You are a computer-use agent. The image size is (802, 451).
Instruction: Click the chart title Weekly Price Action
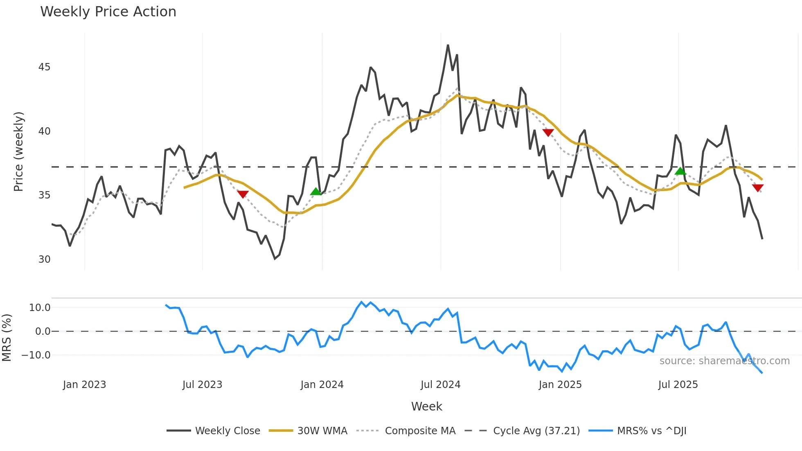pyautogui.click(x=108, y=12)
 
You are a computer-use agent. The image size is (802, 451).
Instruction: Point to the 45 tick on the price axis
pyautogui.click(x=44, y=67)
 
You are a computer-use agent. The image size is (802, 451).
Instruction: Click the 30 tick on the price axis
pyautogui.click(x=44, y=259)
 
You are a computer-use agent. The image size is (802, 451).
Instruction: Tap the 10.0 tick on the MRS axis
pyautogui.click(x=40, y=308)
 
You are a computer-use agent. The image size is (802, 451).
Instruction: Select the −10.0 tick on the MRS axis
pyautogui.click(x=36, y=355)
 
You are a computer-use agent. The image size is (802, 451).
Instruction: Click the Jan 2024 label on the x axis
pyautogui.click(x=322, y=385)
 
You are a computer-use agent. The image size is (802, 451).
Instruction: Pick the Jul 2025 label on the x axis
pyautogui.click(x=678, y=385)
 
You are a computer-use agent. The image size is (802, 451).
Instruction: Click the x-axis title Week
pyautogui.click(x=426, y=406)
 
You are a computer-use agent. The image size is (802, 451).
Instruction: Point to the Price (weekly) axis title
pyautogui.click(x=19, y=151)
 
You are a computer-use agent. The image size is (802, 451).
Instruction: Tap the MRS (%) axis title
pyautogui.click(x=7, y=338)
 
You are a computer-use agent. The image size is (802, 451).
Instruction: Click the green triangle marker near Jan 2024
pyautogui.click(x=315, y=192)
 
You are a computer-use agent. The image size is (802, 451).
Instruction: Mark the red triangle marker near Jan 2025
pyautogui.click(x=548, y=132)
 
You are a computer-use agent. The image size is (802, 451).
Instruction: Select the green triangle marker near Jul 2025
pyautogui.click(x=680, y=171)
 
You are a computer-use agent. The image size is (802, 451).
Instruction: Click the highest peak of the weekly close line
pyautogui.click(x=448, y=45)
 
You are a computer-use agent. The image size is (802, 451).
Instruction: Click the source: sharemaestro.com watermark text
pyautogui.click(x=724, y=361)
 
